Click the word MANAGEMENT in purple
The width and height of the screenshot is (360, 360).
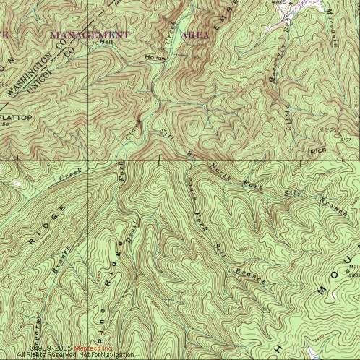(88, 35)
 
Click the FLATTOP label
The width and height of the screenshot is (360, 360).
(17, 116)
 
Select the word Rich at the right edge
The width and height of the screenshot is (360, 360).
(318, 151)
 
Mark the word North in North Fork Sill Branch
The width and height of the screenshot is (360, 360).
(219, 171)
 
